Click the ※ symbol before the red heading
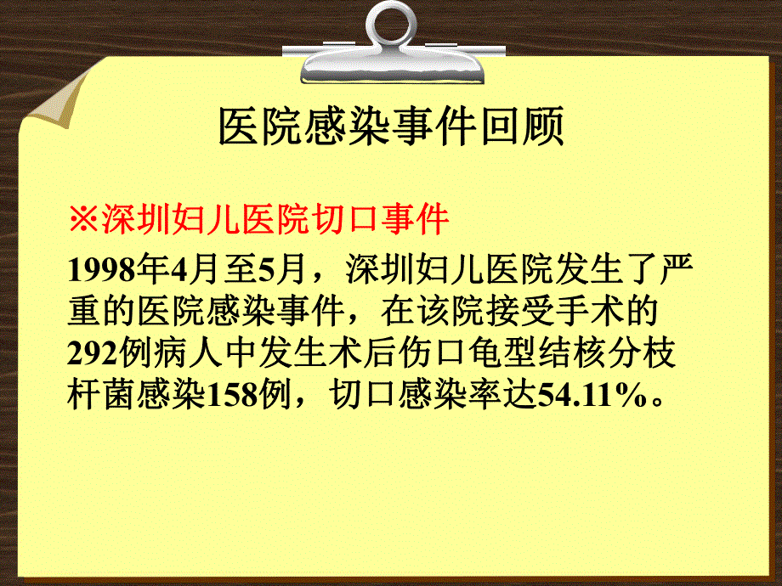[x=84, y=221]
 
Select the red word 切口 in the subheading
[x=339, y=221]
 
